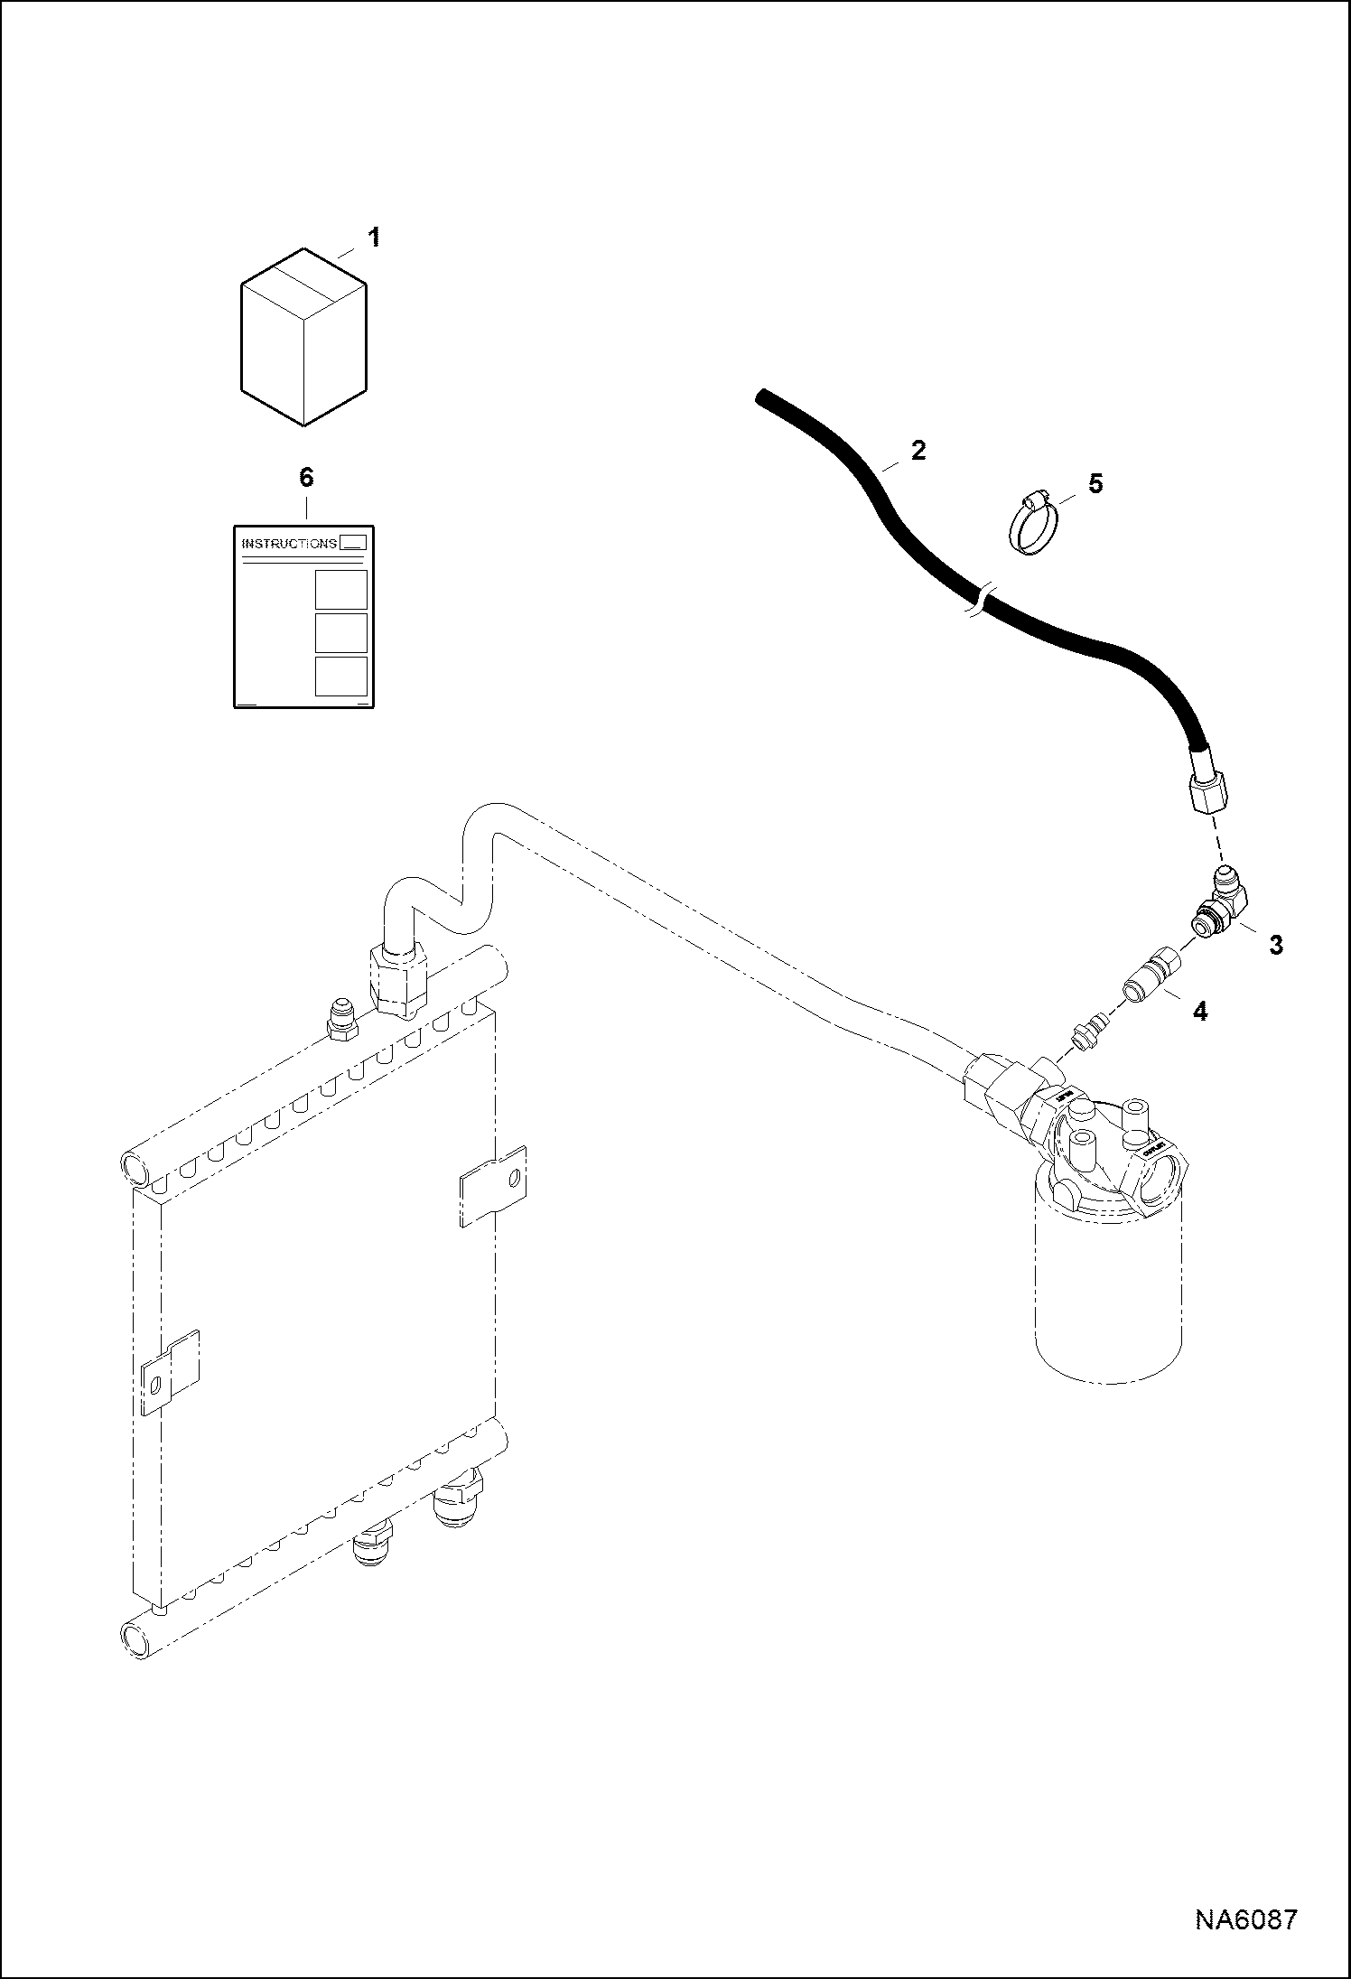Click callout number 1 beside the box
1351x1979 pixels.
pos(373,238)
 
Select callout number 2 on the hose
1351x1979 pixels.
pos(918,450)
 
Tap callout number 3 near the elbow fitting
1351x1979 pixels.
pos(1275,945)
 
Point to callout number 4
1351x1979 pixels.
pos(1199,1012)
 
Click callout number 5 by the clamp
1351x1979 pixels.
pos(1095,484)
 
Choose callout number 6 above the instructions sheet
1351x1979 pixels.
pos(305,478)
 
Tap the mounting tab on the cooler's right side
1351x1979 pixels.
pos(493,1185)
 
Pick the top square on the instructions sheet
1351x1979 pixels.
pos(341,590)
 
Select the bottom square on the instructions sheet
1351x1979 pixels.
pos(341,676)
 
